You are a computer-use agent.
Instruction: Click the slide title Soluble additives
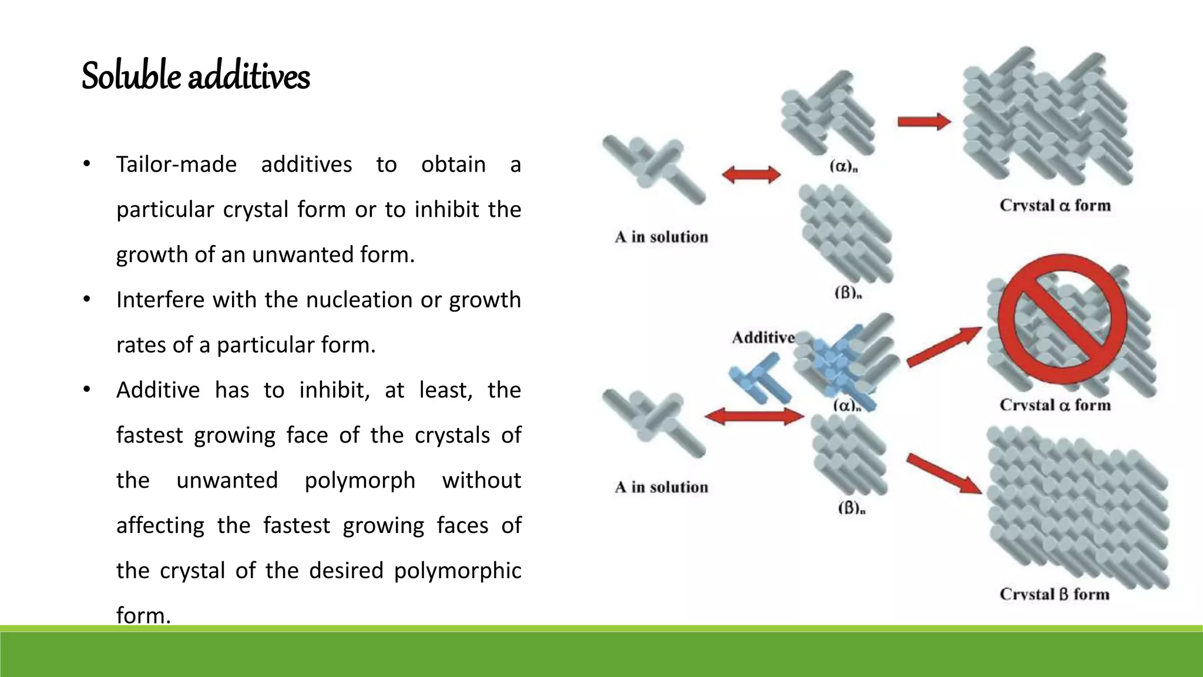pyautogui.click(x=196, y=76)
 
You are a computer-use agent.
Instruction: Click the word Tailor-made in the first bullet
pyautogui.click(x=176, y=165)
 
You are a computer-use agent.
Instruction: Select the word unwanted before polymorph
pyautogui.click(x=227, y=480)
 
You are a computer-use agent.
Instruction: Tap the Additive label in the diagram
pyautogui.click(x=763, y=337)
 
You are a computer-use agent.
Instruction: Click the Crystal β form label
pyautogui.click(x=1054, y=594)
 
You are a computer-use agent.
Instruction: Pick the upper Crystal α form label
pyautogui.click(x=1055, y=206)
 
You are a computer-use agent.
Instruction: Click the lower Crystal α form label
pyautogui.click(x=1055, y=405)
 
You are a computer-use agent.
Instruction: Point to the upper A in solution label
pyautogui.click(x=661, y=237)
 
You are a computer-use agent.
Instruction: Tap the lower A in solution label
pyautogui.click(x=661, y=487)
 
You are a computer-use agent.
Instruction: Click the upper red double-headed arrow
pyautogui.click(x=751, y=175)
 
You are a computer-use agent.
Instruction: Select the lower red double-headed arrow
pyautogui.click(x=754, y=417)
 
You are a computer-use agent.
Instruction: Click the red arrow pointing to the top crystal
pyautogui.click(x=924, y=122)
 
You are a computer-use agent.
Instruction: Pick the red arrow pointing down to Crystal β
pyautogui.click(x=944, y=474)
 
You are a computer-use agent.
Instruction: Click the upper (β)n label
pyautogui.click(x=848, y=292)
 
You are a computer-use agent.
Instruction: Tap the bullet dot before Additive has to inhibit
pyautogui.click(x=86, y=390)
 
